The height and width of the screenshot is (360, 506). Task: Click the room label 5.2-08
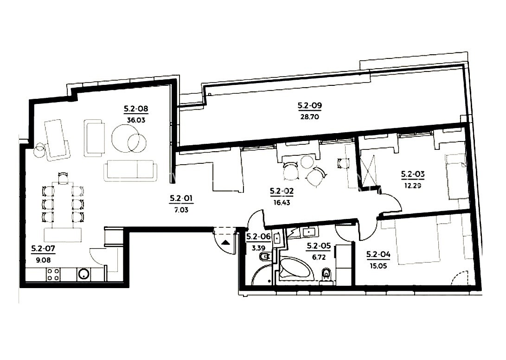click(x=136, y=109)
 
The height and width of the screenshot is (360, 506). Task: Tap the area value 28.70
click(x=309, y=117)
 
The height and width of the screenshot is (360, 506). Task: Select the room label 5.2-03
click(x=412, y=174)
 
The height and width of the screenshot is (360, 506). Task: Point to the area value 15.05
click(x=378, y=266)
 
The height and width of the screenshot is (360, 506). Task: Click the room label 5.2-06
click(x=258, y=237)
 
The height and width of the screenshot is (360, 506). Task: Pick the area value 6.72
click(x=319, y=257)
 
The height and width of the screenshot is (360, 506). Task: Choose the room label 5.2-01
click(x=181, y=198)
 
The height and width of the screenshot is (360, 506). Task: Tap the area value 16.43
click(x=282, y=203)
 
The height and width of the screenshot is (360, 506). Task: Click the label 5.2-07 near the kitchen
click(x=43, y=248)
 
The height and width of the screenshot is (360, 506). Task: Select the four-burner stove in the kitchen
click(x=53, y=275)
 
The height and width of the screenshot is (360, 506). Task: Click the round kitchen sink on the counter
click(x=84, y=275)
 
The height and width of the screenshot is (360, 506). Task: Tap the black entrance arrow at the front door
click(x=225, y=242)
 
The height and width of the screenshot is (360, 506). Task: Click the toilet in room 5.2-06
click(x=265, y=257)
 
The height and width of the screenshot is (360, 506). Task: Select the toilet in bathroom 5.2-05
click(x=327, y=275)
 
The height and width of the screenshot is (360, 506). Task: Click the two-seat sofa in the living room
click(x=130, y=170)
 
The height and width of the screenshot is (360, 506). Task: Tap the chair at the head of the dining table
click(x=63, y=177)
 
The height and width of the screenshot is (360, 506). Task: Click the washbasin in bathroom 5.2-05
click(x=309, y=232)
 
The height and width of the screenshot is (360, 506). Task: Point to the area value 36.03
click(x=136, y=120)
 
